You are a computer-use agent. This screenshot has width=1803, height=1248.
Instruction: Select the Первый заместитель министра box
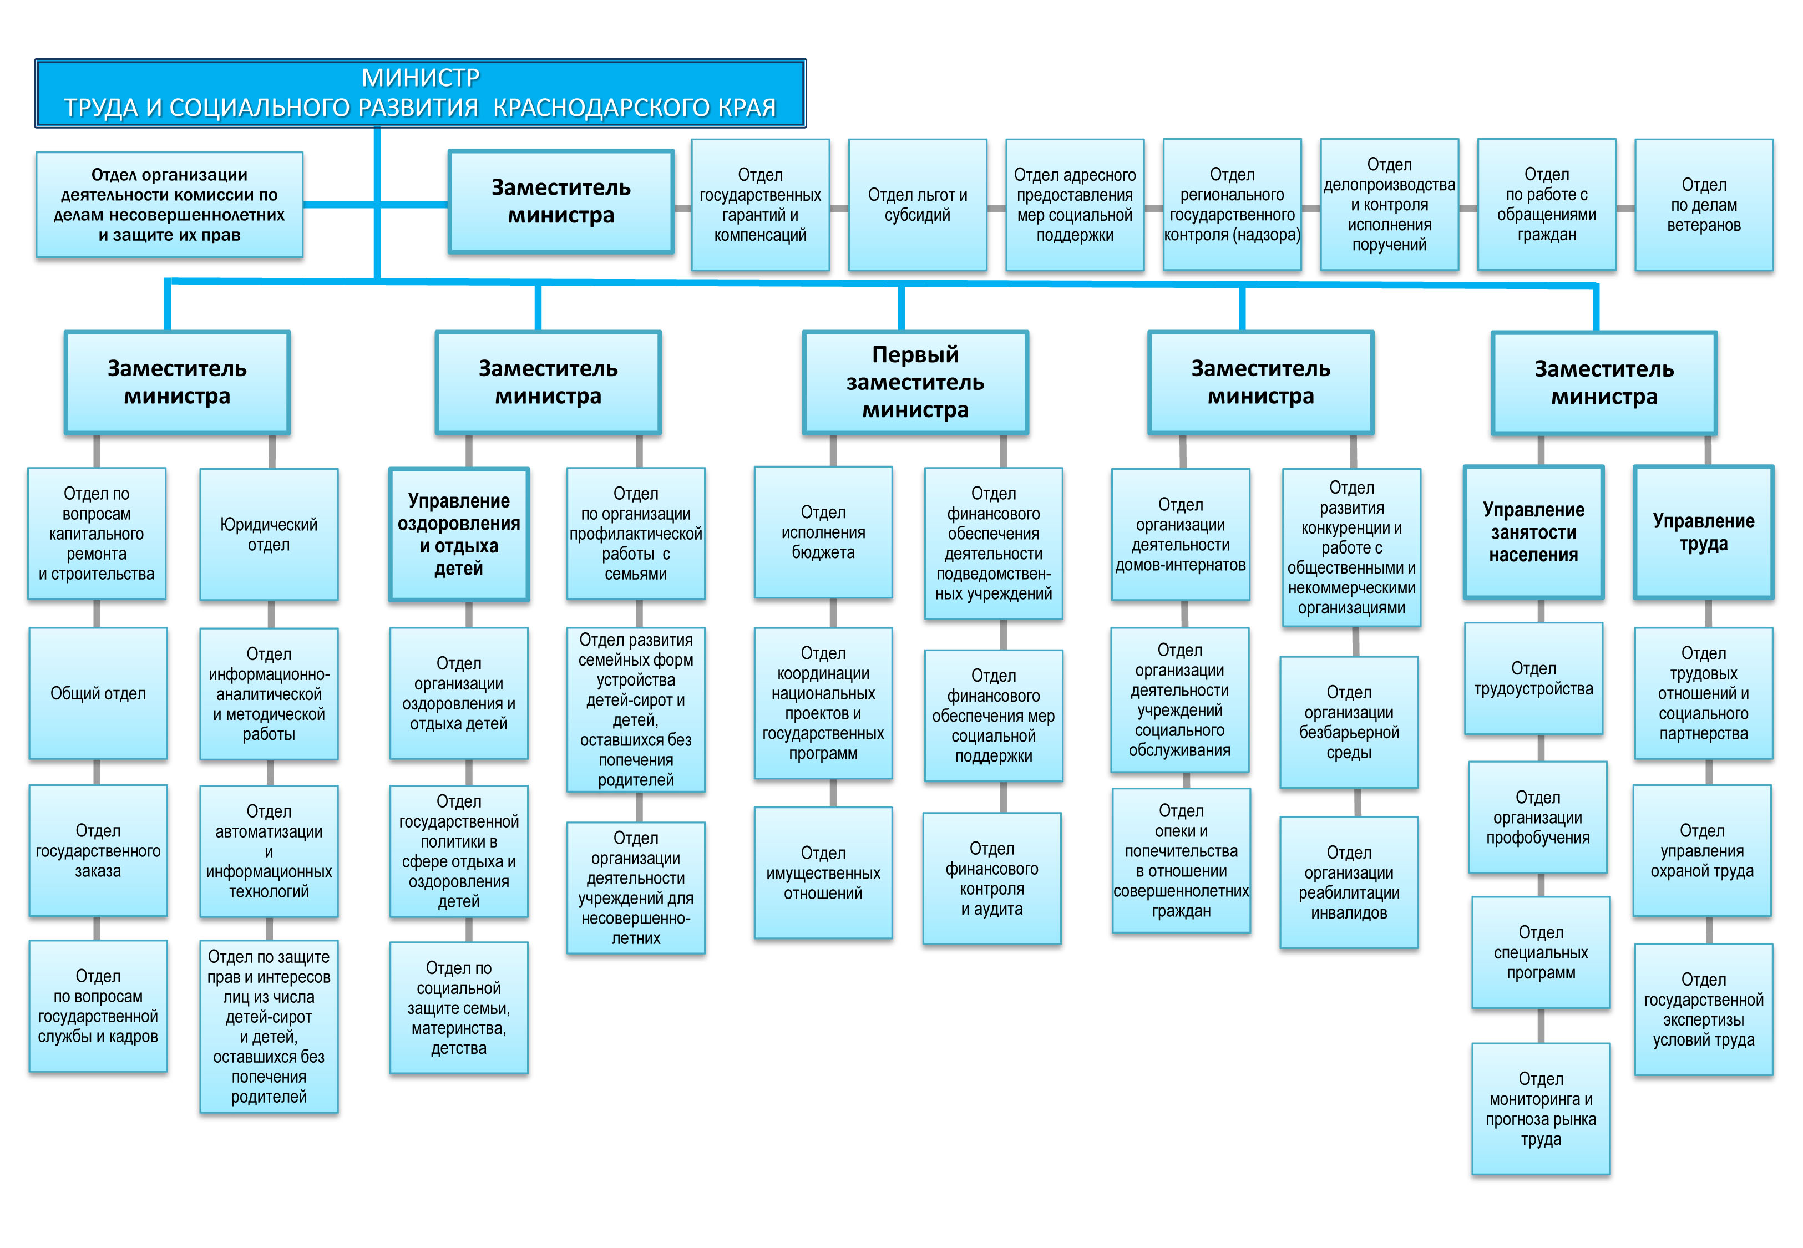click(915, 382)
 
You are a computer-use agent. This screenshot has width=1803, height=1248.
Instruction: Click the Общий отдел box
click(98, 693)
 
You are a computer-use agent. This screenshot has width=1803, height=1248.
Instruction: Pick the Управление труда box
click(1703, 532)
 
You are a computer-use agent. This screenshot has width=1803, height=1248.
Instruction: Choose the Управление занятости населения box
click(1533, 532)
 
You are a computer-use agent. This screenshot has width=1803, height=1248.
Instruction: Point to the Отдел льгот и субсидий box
click(917, 205)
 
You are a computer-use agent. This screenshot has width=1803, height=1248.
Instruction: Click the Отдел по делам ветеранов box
click(1704, 205)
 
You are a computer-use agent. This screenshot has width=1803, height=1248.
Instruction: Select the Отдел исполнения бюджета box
click(823, 532)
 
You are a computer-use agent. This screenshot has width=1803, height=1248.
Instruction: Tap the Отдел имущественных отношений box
click(823, 872)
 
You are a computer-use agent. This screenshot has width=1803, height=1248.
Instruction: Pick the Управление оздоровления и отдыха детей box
click(459, 534)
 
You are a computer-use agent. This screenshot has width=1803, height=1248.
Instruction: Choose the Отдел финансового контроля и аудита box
click(991, 879)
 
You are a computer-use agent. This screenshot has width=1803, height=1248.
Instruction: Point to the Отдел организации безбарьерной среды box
click(1349, 723)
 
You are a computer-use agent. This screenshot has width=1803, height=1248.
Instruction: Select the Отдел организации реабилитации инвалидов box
click(1349, 883)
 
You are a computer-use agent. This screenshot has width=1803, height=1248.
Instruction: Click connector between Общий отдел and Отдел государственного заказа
click(97, 772)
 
